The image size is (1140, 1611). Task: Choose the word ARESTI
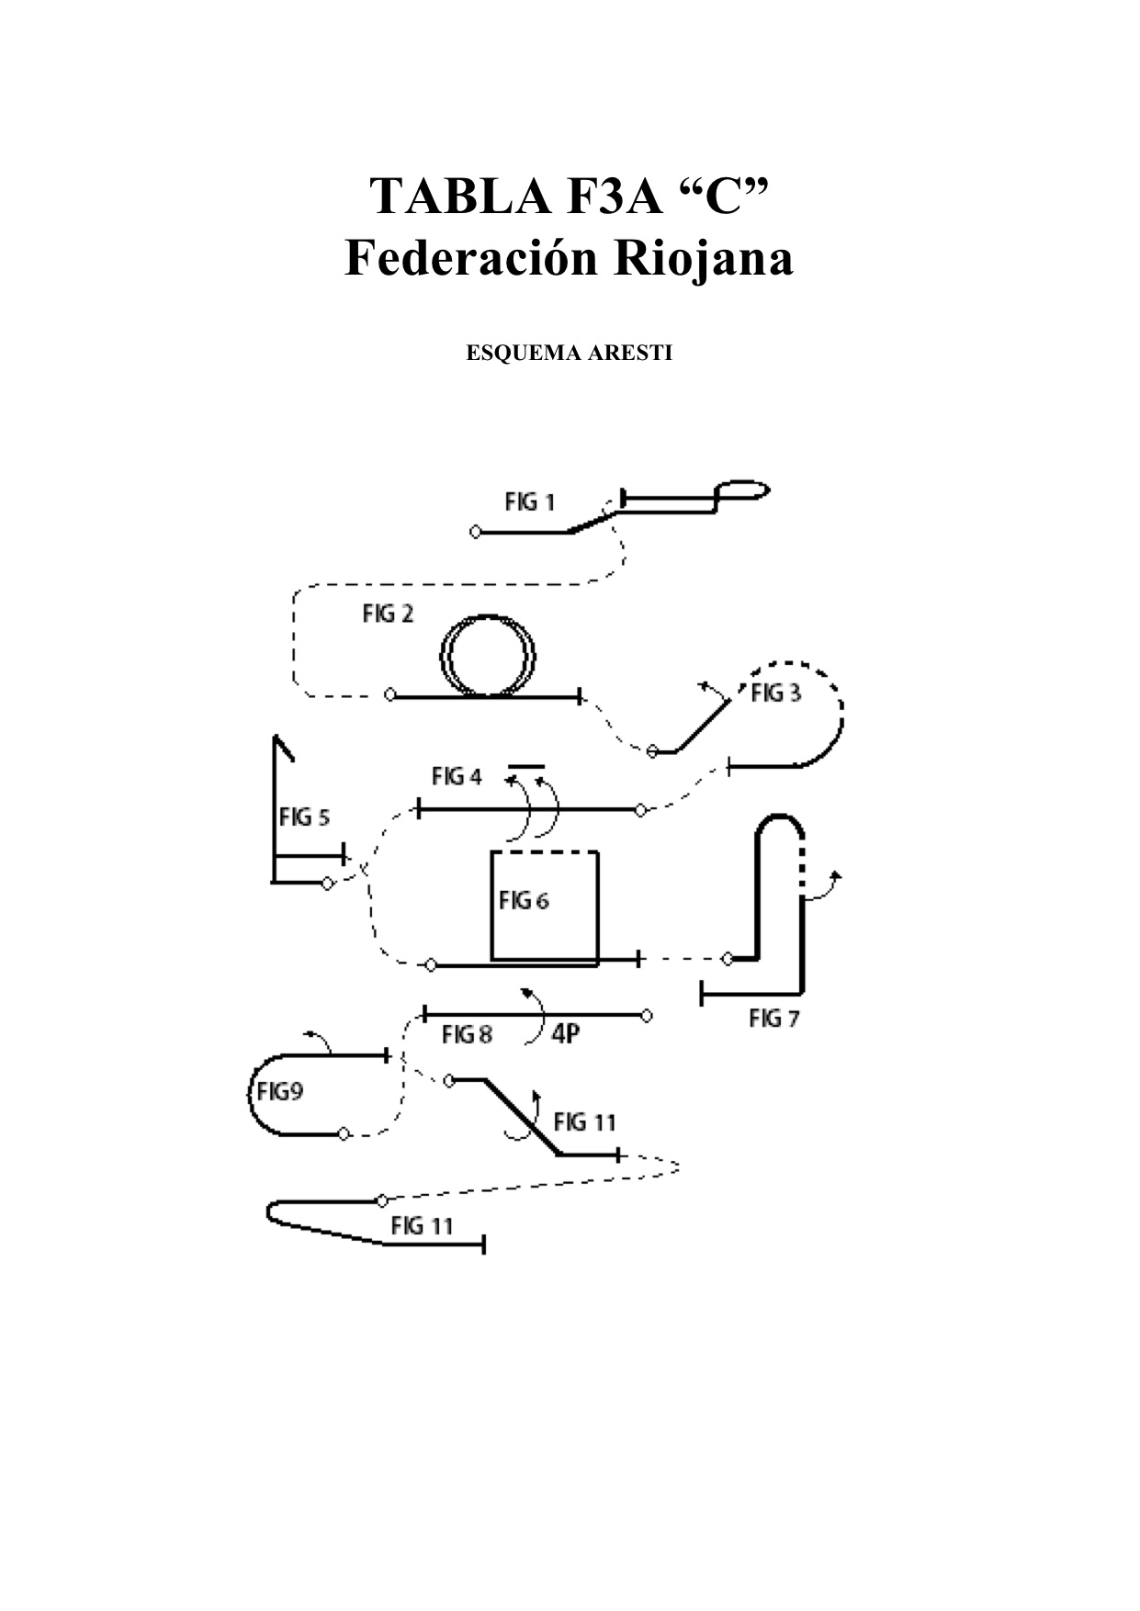pyautogui.click(x=626, y=354)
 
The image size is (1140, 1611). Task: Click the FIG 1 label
pyautogui.click(x=529, y=502)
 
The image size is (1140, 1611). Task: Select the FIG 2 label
pyautogui.click(x=388, y=614)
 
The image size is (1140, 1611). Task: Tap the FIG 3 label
pyautogui.click(x=775, y=693)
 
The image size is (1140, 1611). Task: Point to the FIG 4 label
pyautogui.click(x=457, y=777)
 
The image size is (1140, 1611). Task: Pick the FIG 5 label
pyautogui.click(x=304, y=817)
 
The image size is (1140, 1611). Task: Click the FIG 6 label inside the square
pyautogui.click(x=524, y=901)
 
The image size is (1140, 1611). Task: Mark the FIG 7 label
pyautogui.click(x=775, y=1018)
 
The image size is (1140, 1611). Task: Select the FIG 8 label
pyautogui.click(x=467, y=1035)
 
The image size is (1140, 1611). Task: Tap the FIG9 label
pyautogui.click(x=280, y=1092)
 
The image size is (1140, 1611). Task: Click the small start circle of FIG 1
pyautogui.click(x=475, y=532)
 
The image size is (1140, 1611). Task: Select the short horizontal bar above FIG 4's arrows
pyautogui.click(x=526, y=764)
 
